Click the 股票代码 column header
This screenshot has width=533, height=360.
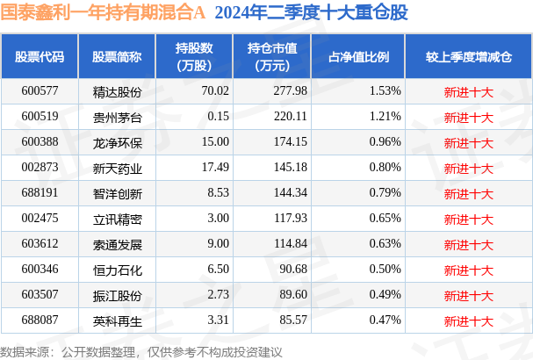click(40, 57)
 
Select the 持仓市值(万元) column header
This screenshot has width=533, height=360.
click(272, 57)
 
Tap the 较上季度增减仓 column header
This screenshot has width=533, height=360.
click(469, 57)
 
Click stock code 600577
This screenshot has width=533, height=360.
click(40, 90)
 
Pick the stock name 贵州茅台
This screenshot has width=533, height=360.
click(118, 118)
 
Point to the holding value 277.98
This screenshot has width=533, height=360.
click(291, 90)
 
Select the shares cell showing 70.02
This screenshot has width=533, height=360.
click(215, 90)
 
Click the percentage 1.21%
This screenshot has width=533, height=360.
click(385, 116)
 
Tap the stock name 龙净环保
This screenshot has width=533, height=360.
click(118, 143)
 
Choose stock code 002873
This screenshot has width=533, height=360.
click(40, 167)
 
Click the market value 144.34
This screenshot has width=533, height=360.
click(291, 193)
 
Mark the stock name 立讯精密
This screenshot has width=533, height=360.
click(118, 220)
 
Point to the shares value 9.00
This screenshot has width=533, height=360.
click(219, 244)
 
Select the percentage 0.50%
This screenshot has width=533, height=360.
click(385, 270)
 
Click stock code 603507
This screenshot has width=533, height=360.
click(40, 294)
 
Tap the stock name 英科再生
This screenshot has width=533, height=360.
click(118, 321)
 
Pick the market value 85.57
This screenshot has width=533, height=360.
click(293, 320)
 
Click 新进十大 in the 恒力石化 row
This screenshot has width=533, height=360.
click(468, 270)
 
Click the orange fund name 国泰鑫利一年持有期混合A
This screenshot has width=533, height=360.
click(103, 12)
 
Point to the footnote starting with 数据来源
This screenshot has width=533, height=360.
click(141, 352)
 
